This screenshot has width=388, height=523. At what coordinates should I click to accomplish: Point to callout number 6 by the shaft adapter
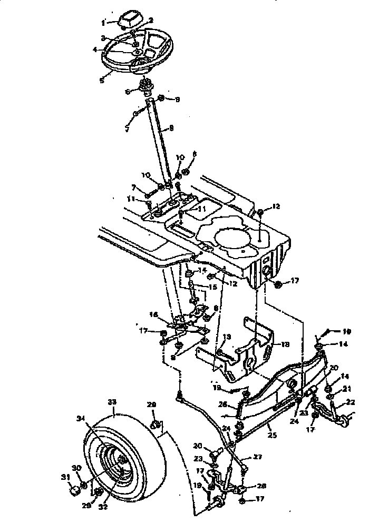[126, 91]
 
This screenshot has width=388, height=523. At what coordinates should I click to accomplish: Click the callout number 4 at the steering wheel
[95, 50]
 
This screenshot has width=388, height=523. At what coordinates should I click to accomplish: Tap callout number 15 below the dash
[212, 288]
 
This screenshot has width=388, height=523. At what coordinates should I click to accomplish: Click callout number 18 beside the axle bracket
[285, 344]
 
